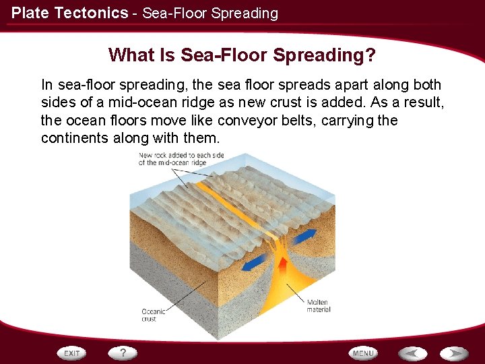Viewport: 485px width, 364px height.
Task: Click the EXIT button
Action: (72, 353)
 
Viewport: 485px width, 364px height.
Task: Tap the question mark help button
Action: (123, 353)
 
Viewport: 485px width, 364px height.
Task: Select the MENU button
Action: (363, 353)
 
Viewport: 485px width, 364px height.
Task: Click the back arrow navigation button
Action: (412, 353)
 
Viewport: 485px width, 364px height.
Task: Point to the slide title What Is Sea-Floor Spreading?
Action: (242, 55)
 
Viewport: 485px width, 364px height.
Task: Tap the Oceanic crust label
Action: (153, 315)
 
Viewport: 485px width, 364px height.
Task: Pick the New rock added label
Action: (181, 159)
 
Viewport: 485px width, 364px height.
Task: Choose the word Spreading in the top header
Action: (247, 13)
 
